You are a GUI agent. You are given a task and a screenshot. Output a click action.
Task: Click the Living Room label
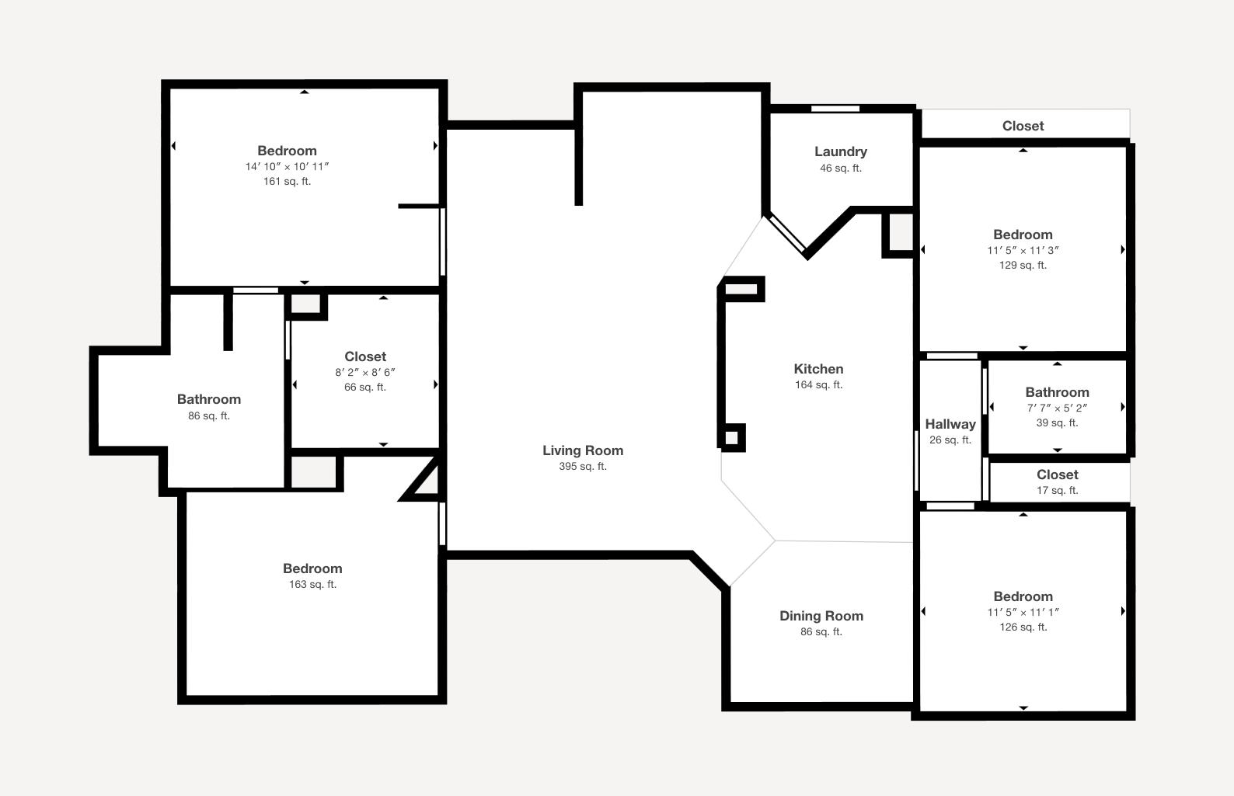[583, 450]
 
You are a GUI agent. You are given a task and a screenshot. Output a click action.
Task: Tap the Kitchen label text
[818, 369]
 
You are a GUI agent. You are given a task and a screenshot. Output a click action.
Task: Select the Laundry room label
[841, 151]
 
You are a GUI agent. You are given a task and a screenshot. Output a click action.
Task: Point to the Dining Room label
[821, 616]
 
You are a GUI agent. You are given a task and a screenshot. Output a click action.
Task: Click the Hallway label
[950, 424]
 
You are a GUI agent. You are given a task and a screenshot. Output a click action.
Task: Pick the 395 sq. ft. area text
[583, 466]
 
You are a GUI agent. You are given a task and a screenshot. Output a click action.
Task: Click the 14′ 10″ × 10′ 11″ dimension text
[287, 166]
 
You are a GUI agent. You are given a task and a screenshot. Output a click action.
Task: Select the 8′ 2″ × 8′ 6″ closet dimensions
[365, 372]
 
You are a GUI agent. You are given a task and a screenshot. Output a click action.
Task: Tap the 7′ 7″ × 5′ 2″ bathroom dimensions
[1057, 408]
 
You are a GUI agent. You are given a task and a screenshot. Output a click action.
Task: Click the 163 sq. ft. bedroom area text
[313, 584]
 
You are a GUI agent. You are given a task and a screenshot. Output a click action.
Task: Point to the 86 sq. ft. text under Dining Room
[821, 632]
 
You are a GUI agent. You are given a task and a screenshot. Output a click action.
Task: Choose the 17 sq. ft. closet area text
[1057, 491]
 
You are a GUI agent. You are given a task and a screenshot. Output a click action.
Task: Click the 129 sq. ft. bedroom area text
[1023, 266]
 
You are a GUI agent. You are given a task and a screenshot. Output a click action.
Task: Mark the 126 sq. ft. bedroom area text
[1023, 627]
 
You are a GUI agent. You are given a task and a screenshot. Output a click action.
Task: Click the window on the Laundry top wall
[835, 109]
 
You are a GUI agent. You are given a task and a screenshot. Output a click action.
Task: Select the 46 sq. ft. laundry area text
[841, 168]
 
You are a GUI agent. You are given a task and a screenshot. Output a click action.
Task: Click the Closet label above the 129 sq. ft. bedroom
[1023, 126]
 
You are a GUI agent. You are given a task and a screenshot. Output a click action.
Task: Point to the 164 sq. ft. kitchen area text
[818, 384]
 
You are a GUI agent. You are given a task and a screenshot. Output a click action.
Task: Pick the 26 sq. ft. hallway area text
[950, 440]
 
